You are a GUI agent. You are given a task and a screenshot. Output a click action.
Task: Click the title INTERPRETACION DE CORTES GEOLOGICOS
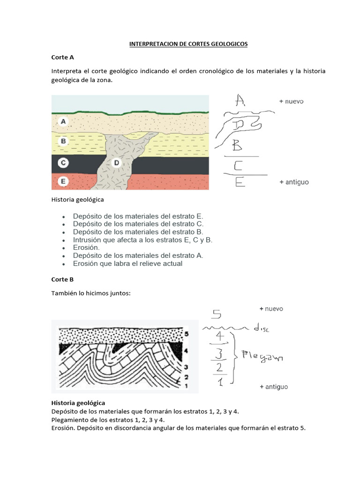188,44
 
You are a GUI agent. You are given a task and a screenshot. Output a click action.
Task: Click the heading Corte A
62,57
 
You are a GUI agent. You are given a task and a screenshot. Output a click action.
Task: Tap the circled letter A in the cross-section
64,122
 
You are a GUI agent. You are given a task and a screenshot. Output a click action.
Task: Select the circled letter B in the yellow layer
64,141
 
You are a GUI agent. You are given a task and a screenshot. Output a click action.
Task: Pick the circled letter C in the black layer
64,163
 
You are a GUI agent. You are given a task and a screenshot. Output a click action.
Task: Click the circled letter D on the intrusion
117,163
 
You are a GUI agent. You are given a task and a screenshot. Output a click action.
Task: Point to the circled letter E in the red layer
64,181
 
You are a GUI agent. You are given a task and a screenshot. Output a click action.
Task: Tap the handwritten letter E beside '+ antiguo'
240,182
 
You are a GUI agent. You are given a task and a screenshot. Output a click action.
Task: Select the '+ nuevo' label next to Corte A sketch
291,101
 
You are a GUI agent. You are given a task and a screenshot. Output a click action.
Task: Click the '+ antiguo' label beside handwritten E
293,182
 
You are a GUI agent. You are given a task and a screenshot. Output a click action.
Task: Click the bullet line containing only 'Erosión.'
86,247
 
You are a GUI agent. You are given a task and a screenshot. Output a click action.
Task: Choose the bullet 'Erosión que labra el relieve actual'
127,263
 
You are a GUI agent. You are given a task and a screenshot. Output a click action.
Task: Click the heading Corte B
62,279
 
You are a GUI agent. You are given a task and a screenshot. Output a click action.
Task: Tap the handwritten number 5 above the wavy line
217,314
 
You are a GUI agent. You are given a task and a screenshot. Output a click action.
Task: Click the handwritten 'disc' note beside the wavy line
262,329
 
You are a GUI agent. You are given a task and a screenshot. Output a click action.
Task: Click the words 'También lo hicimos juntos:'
90,293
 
